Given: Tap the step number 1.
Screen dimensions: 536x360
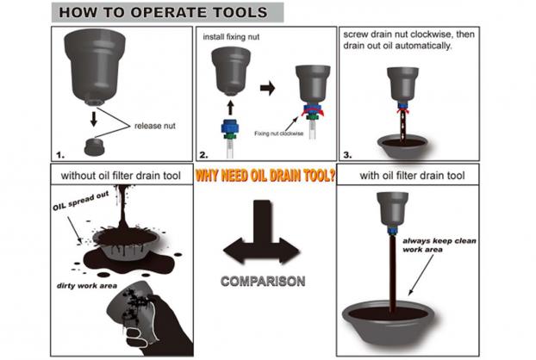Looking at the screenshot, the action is pos(60,155).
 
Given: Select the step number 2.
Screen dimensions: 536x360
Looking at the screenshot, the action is pos(203,155).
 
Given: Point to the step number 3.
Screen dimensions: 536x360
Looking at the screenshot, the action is pos(347,155).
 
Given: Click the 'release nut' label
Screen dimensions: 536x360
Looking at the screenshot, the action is pos(155,126).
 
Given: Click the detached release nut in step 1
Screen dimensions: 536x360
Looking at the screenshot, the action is pos(94,147).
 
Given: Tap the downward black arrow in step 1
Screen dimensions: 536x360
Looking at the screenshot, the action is pos(94,119).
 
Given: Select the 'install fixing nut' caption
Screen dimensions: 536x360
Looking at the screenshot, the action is pos(231,37).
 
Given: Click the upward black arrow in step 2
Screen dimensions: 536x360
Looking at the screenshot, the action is pos(230,108).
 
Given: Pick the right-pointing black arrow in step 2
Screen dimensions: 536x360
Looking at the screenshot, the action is pos(267,88).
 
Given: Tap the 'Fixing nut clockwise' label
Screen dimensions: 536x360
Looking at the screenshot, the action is pos(278,133).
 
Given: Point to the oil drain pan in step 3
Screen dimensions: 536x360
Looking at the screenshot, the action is pos(402,146).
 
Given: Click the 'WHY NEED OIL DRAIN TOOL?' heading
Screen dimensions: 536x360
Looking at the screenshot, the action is pos(265,176).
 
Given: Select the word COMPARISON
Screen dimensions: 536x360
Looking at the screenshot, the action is pos(263,282).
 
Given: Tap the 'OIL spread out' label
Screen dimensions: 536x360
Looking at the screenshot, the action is pos(81,201).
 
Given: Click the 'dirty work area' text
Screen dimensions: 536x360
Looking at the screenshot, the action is pos(87,286).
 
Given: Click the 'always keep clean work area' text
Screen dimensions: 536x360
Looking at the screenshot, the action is pos(439,245).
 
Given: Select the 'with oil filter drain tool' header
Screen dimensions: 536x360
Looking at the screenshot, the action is pos(412,176).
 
